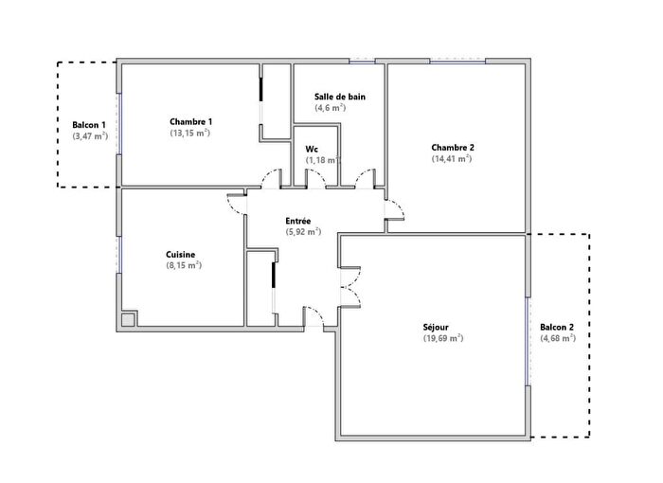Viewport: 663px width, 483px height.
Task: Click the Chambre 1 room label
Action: pos(190,121)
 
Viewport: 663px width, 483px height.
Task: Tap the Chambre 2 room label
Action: pos(452,147)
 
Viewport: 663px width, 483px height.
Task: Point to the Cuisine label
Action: pos(180,254)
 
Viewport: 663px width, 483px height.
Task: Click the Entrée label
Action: pos(298,220)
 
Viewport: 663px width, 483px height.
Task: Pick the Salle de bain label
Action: pos(340,97)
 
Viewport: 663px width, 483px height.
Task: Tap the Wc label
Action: pos(311,149)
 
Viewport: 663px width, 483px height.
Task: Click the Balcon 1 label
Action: pos(89,125)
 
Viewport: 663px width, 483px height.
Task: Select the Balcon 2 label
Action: pos(557,327)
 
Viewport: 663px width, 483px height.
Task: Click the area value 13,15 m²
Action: pos(189,134)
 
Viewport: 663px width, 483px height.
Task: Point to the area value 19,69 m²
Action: pos(442,338)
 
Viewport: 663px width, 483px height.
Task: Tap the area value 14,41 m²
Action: pos(451,159)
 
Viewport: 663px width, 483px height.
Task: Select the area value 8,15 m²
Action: pos(183,266)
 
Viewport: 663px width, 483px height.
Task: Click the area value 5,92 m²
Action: pos(302,231)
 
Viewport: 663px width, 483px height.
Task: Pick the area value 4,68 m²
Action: pos(558,338)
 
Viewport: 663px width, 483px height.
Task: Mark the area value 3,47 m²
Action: pos(90,137)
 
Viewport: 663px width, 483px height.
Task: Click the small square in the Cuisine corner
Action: pos(128,319)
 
